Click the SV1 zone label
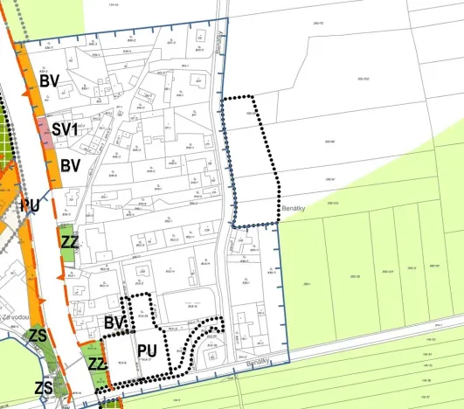click(66, 129)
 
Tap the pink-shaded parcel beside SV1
click(45, 132)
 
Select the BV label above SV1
click(49, 81)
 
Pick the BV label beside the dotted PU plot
click(114, 323)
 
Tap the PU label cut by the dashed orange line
click(31, 204)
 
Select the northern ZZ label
click(71, 241)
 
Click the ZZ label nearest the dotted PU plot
click(98, 362)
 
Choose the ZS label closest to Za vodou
click(38, 336)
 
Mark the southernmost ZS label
click(43, 387)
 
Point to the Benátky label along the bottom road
click(259, 360)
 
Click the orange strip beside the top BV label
click(31, 83)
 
